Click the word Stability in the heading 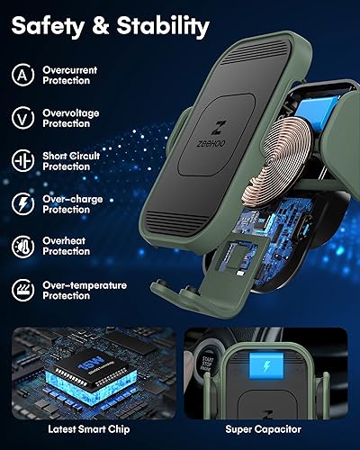point(161,27)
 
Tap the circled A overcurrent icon point(23,74)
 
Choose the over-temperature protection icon point(23,289)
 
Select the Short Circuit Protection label point(69,161)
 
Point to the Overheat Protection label point(67,247)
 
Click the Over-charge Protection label point(69,203)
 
